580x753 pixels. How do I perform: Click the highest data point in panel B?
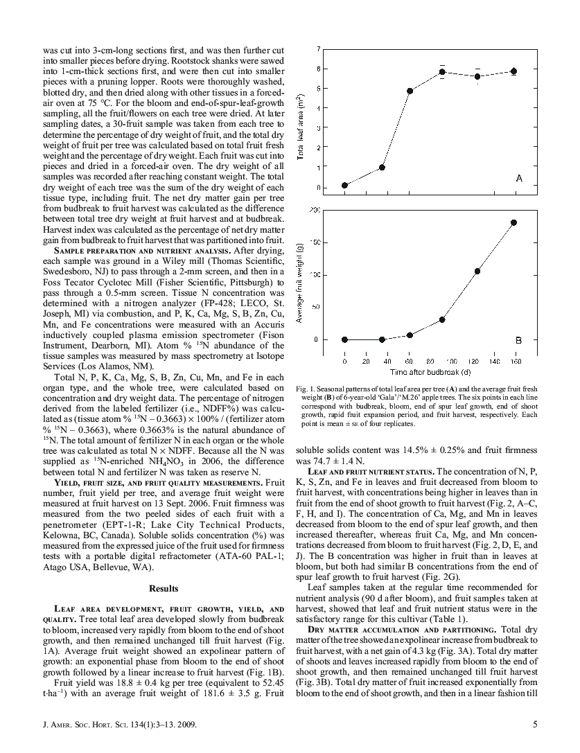click(x=514, y=222)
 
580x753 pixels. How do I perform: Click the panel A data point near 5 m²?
click(x=410, y=91)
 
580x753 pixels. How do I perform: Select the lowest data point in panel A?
click(x=345, y=185)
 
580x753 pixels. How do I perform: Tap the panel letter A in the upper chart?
click(x=518, y=179)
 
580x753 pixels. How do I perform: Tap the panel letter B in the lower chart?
click(x=518, y=340)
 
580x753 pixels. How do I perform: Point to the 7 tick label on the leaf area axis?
click(x=318, y=49)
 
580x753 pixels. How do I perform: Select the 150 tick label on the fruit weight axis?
click(x=314, y=242)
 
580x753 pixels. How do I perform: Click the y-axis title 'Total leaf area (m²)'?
click(x=299, y=118)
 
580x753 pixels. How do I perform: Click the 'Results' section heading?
click(x=164, y=589)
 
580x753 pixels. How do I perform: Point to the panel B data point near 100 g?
click(x=477, y=271)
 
